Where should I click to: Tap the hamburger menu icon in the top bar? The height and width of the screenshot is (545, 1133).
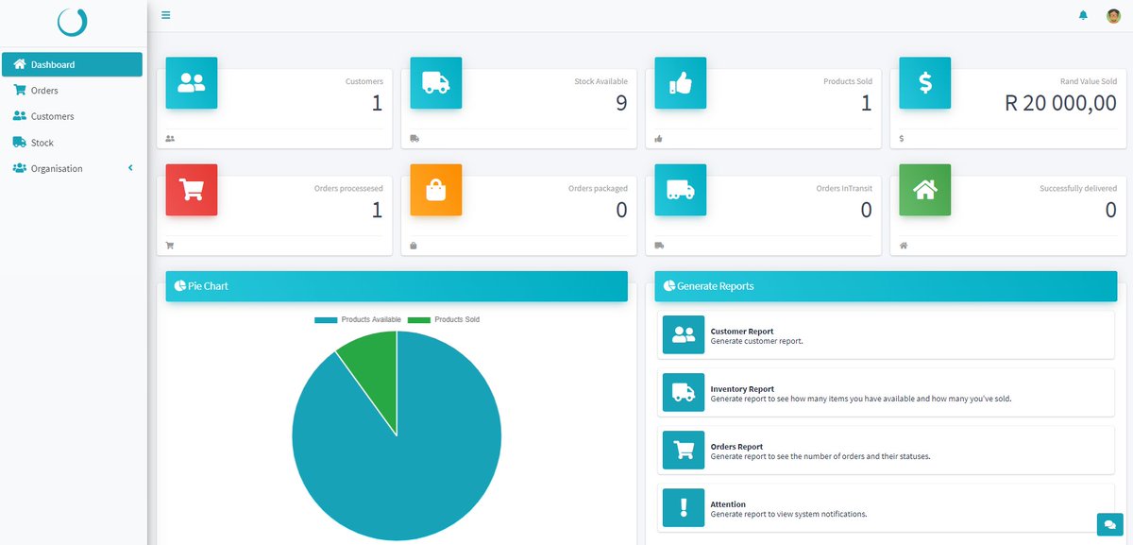pyautogui.click(x=165, y=15)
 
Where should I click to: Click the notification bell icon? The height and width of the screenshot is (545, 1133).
pyautogui.click(x=1083, y=15)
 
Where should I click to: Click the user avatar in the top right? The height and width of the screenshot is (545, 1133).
pyautogui.click(x=1113, y=16)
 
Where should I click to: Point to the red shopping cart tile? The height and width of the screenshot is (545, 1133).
pyautogui.click(x=192, y=190)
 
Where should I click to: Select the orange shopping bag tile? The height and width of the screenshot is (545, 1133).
pyautogui.click(x=436, y=190)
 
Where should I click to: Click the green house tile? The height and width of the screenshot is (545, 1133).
pyautogui.click(x=924, y=190)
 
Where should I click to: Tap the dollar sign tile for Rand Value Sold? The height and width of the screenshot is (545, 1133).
pyautogui.click(x=924, y=82)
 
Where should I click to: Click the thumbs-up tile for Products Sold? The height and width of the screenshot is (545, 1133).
pyautogui.click(x=681, y=82)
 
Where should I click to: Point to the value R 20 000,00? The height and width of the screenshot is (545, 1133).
pyautogui.click(x=1060, y=103)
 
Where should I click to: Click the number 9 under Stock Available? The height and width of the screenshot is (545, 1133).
pyautogui.click(x=621, y=103)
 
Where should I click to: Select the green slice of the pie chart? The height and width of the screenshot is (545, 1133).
pyautogui.click(x=373, y=369)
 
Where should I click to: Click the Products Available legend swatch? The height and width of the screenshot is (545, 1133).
pyautogui.click(x=326, y=320)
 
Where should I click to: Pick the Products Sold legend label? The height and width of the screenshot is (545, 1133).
pyautogui.click(x=457, y=319)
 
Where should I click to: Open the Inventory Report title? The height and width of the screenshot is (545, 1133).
pyautogui.click(x=742, y=388)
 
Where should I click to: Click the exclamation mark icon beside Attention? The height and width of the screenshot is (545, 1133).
pyautogui.click(x=684, y=507)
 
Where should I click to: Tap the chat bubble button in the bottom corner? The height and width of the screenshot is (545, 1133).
pyautogui.click(x=1109, y=524)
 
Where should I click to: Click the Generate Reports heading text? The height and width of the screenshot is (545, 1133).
pyautogui.click(x=716, y=286)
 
